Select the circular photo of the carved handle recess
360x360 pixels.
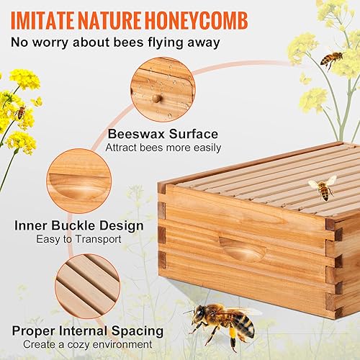click(x=78, y=182)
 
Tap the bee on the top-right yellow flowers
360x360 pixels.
click(x=331, y=58)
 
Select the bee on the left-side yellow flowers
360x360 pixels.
click(x=21, y=112)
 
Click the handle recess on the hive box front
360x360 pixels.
click(x=242, y=249)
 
